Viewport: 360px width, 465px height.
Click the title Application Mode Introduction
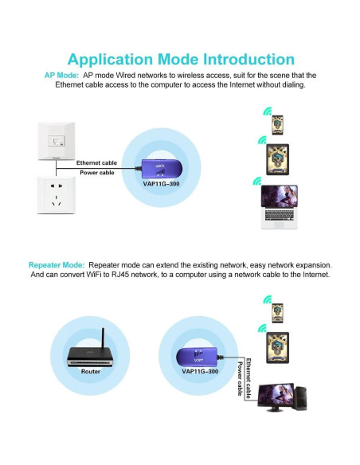pos(181,60)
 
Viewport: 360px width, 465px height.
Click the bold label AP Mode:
pos(61,75)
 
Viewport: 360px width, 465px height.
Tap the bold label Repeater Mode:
pos(57,264)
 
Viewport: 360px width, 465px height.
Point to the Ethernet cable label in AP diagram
pos(96,163)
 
